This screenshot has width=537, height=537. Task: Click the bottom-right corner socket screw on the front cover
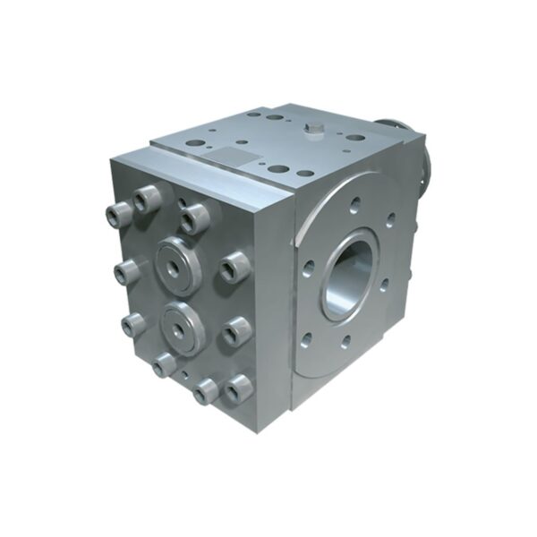[x=238, y=388]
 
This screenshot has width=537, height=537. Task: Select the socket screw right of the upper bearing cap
[x=234, y=266]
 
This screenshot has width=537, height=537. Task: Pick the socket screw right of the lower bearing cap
[x=237, y=330]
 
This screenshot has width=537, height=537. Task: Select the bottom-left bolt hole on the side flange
[x=307, y=339]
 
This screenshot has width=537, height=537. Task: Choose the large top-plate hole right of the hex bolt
[x=355, y=140]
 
